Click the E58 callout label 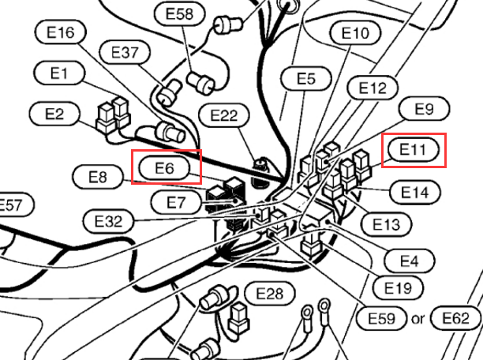(x=180, y=13)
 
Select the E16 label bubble (x=60, y=32)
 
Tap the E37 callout (x=125, y=52)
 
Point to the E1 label (x=59, y=73)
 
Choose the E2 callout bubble (x=54, y=114)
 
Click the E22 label (x=223, y=115)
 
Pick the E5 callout (x=306, y=78)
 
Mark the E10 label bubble (x=355, y=32)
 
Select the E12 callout (x=373, y=88)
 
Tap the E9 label (x=424, y=108)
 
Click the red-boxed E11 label (x=414, y=150)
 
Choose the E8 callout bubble (x=98, y=177)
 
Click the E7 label (x=176, y=202)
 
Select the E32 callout (x=108, y=221)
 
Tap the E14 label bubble (x=415, y=193)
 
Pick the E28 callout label (x=270, y=293)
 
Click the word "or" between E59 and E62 (x=417, y=319)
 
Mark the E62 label (x=455, y=318)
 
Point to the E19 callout (x=398, y=288)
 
